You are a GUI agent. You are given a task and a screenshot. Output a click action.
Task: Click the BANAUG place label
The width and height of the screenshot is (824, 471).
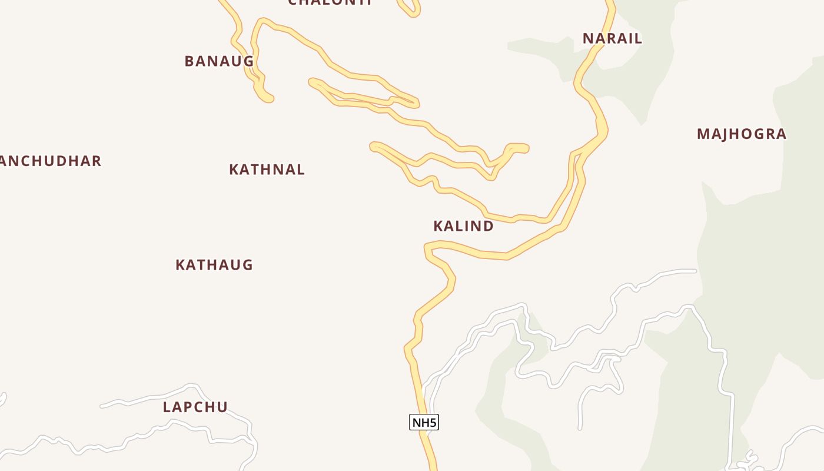(x=219, y=61)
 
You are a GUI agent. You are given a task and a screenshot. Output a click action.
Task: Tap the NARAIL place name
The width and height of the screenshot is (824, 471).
(x=612, y=39)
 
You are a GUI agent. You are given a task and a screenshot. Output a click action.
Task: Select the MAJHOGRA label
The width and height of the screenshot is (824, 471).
(x=742, y=134)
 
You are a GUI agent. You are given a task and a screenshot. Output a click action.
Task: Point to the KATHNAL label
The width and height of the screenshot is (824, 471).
(x=267, y=170)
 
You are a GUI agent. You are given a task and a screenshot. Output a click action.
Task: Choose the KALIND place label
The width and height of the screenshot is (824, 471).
(x=463, y=226)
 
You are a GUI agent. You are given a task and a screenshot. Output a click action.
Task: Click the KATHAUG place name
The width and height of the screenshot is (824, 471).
(x=214, y=265)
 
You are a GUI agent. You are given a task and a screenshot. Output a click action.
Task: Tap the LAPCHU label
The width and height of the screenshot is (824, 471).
(x=195, y=407)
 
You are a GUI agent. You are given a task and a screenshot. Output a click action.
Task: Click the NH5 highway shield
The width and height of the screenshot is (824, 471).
(x=424, y=422)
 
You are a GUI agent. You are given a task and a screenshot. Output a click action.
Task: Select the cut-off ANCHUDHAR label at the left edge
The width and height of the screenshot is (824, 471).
(x=51, y=161)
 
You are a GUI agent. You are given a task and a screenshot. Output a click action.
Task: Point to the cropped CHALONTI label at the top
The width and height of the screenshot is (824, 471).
(x=330, y=2)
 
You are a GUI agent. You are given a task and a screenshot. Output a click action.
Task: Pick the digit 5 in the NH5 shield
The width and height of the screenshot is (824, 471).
(x=433, y=422)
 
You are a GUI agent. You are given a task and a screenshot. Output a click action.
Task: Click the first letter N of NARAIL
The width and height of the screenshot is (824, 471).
(x=588, y=39)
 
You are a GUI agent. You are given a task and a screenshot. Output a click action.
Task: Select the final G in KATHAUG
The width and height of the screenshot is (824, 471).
(x=247, y=265)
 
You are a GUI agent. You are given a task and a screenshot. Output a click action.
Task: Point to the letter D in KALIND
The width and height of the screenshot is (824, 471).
(x=487, y=226)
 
